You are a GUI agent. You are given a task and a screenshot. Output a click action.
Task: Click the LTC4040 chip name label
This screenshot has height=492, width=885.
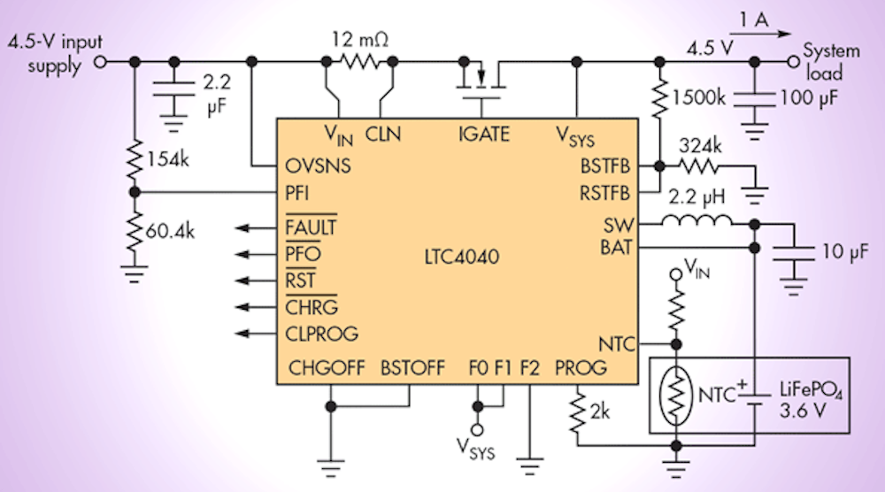(x=460, y=258)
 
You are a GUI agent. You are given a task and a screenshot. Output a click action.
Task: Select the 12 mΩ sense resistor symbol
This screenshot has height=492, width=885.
(x=359, y=61)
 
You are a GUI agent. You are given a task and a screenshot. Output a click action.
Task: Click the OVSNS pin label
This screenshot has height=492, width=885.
(x=318, y=165)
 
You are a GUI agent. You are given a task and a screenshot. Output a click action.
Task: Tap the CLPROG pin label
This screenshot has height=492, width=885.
(x=322, y=334)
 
